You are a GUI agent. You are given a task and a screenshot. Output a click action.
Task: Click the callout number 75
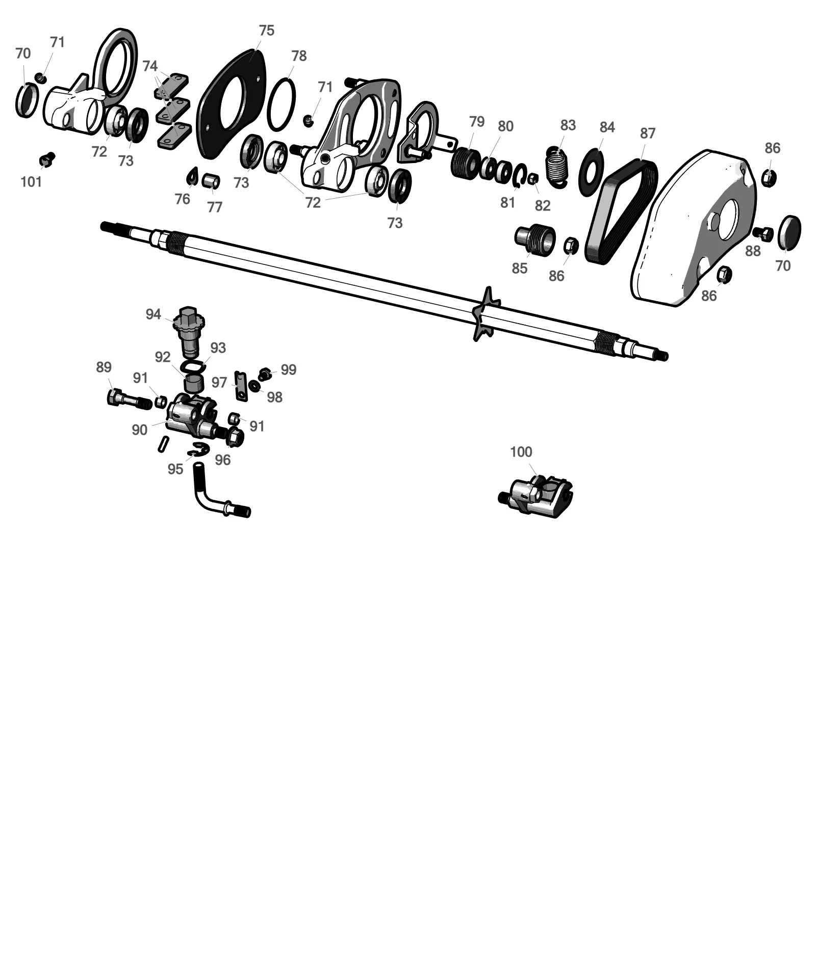point(266,31)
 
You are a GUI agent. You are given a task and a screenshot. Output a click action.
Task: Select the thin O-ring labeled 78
point(281,104)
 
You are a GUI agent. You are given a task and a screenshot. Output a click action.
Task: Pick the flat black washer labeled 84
point(592,173)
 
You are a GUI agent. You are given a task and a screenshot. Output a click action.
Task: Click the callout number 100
point(521,452)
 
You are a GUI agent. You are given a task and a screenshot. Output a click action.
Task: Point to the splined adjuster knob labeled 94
point(190,331)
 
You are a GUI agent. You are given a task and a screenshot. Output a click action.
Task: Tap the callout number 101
point(31,181)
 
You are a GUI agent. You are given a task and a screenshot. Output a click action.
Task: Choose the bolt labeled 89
point(129,400)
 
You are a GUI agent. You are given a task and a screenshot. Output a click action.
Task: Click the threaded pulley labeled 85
point(534,238)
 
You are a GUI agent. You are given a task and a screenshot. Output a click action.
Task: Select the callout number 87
point(647,134)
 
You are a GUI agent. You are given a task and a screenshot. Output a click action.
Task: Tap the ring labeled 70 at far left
point(27,100)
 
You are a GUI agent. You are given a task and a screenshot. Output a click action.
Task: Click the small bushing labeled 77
point(211,181)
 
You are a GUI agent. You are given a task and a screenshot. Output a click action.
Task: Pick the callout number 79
point(477,122)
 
